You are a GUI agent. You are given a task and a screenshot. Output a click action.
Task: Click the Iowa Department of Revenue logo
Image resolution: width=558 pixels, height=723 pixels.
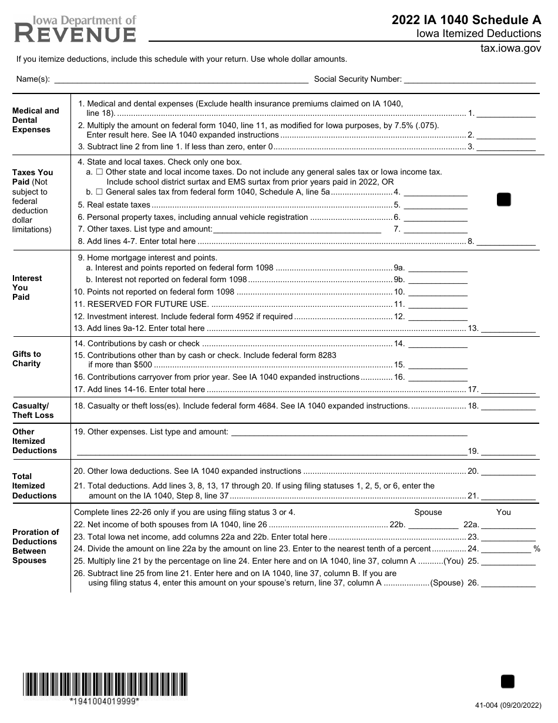coord(75,29)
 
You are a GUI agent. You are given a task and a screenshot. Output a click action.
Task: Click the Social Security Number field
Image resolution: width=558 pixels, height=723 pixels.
coord(470,79)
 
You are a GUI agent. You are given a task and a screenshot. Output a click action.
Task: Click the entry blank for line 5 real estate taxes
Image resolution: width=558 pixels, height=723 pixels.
coord(435,205)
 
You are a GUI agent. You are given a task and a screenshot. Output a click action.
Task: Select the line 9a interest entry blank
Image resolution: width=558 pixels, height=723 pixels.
coord(438,267)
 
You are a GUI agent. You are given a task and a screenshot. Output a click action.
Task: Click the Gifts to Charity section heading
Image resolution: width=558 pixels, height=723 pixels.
coord(27,359)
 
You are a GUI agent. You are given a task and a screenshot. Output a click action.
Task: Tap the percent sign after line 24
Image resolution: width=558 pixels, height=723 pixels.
coord(536,549)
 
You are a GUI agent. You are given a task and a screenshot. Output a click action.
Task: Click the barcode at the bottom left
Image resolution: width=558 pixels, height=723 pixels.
coord(105,684)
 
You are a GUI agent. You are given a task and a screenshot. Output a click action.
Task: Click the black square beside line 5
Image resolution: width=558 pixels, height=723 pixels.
coord(504,200)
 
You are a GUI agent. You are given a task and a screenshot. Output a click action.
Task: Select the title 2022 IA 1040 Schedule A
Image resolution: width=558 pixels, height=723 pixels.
coord(466,20)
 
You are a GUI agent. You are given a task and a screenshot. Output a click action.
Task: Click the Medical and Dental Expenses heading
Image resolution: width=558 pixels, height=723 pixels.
coord(36,120)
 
